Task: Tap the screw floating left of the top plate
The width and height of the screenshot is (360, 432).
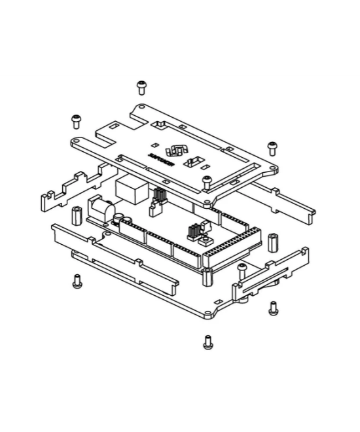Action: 77,120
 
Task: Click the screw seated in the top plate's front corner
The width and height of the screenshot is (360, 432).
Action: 207,181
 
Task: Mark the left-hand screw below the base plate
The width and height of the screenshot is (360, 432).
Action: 77,281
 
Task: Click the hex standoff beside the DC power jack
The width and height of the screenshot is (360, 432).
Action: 77,215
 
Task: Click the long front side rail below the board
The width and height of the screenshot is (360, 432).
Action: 115,252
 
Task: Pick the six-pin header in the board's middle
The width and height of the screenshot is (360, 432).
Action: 194,230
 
